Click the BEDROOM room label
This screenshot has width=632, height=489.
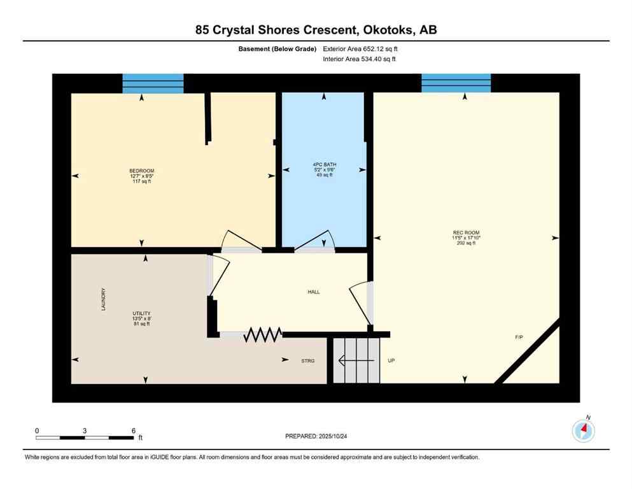[141, 171]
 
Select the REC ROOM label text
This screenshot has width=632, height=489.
[465, 232]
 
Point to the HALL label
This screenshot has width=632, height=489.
[313, 292]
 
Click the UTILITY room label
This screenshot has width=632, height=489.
[141, 314]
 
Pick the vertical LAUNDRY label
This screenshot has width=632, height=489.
[103, 299]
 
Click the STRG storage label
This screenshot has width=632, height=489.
[308, 360]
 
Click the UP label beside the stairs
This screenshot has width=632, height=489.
[391, 361]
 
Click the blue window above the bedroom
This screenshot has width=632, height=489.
[153, 83]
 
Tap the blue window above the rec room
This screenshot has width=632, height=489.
[456, 83]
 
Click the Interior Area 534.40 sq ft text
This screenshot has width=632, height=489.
[363, 59]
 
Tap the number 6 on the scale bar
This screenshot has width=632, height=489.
[132, 430]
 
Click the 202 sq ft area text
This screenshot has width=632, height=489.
[465, 243]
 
